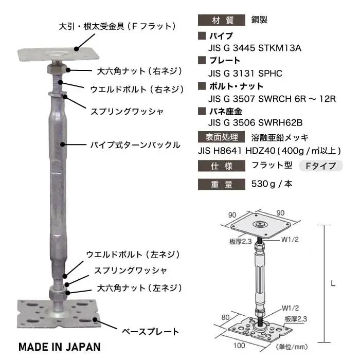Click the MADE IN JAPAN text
[60, 347]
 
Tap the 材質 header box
[222, 20]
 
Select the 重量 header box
[222, 185]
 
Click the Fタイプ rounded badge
[321, 166]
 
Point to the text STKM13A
[280, 48]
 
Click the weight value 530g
[263, 184]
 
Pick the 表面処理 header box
[222, 137]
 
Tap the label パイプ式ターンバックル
[135, 145]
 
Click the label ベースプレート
[150, 332]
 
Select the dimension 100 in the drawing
[239, 345]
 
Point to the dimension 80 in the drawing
[225, 317]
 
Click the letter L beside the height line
[333, 284]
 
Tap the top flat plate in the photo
[58, 55]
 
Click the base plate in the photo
[59, 314]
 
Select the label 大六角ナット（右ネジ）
[139, 71]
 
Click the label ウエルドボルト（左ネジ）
[133, 255]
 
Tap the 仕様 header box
[222, 166]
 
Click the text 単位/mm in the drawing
[292, 347]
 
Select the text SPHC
[270, 74]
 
